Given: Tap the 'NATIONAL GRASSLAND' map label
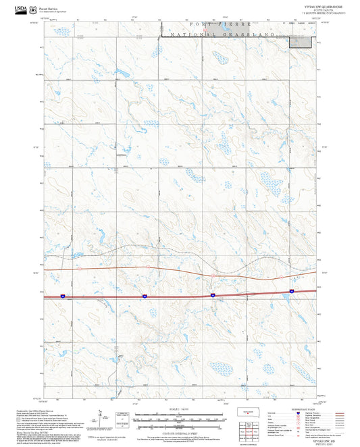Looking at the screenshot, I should coord(223,34).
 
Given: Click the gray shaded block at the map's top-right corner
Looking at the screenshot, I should coord(301,42).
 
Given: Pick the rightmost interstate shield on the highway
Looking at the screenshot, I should coord(291,291).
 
